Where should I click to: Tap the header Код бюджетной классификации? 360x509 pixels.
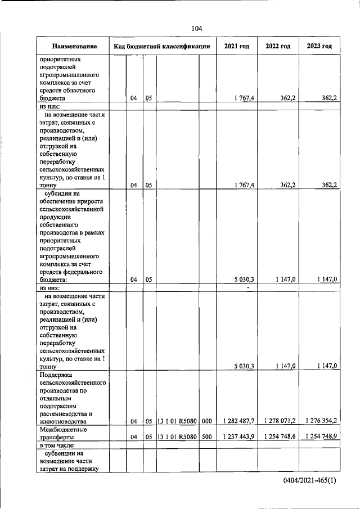click(162, 46)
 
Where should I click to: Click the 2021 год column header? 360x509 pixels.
click(236, 46)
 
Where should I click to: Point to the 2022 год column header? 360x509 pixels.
click(278, 46)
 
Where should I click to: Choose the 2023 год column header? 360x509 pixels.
click(319, 46)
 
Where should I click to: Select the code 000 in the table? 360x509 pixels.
click(206, 421)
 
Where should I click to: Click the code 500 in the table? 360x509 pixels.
click(206, 437)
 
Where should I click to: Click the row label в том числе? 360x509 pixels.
click(58, 445)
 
